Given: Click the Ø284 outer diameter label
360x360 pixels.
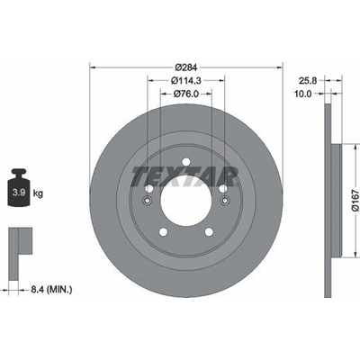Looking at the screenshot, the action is pos(186,67).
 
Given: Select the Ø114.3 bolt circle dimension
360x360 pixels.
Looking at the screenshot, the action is pos(186,80).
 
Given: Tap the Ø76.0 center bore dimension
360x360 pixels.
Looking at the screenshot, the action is pos(186,94).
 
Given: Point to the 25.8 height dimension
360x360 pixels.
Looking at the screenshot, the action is pos(307,80).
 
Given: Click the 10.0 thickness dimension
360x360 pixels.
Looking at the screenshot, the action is pos(303,94).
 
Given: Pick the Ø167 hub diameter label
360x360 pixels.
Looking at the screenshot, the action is pos(355,200).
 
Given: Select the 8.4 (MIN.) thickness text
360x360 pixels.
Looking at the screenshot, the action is pos(51,290).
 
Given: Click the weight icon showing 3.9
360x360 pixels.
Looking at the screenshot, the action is pos(20,188).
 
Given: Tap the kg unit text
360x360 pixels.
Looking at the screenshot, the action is pos(38,193).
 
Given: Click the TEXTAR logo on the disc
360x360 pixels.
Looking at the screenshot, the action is pos(185,176).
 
